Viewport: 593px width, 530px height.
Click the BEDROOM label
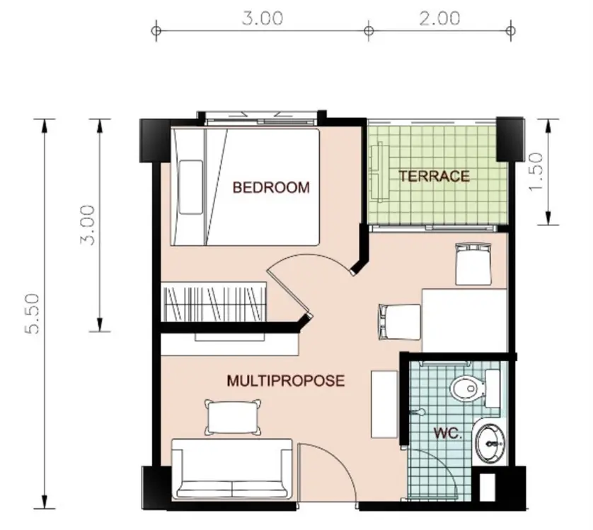(x=271, y=187)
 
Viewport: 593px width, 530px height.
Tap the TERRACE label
(x=434, y=176)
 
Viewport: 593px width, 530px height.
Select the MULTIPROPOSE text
(x=286, y=380)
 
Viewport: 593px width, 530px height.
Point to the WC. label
(x=448, y=433)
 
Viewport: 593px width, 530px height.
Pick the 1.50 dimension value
(x=536, y=172)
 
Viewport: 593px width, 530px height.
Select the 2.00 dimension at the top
(x=439, y=18)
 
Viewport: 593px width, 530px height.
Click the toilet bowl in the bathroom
(x=468, y=388)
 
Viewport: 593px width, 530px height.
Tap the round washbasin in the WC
(x=490, y=443)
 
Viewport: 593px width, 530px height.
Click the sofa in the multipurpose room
(x=232, y=469)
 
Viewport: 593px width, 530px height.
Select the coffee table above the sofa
(x=233, y=418)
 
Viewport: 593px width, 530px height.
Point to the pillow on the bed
(x=191, y=187)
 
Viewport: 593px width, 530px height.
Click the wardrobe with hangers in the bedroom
(x=214, y=302)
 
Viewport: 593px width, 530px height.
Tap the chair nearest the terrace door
(x=473, y=264)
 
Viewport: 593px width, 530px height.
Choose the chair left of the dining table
(x=400, y=322)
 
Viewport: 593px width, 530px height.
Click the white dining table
(x=464, y=320)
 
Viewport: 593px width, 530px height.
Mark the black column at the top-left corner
(x=155, y=141)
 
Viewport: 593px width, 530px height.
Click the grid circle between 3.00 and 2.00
(x=369, y=30)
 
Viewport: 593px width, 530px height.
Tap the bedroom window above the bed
(x=261, y=118)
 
